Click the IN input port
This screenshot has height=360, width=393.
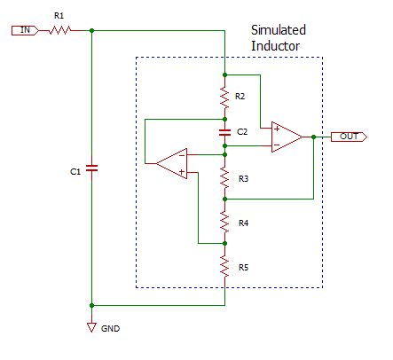pyautogui.click(x=25, y=30)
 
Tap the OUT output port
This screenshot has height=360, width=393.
pyautogui.click(x=349, y=137)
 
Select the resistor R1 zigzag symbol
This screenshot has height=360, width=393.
pyautogui.click(x=59, y=30)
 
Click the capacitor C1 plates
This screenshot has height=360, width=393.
pyautogui.click(x=91, y=168)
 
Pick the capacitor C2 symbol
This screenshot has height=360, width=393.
pyautogui.click(x=224, y=133)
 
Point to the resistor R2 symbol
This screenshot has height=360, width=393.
pyautogui.click(x=224, y=98)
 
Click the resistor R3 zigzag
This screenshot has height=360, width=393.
pyautogui.click(x=224, y=177)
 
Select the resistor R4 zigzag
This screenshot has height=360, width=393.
pyautogui.click(x=224, y=222)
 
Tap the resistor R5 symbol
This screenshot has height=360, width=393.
pyautogui.click(x=224, y=266)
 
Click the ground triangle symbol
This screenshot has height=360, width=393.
pyautogui.click(x=91, y=327)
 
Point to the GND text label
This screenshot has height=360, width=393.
pyautogui.click(x=110, y=329)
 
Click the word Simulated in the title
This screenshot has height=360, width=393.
pyautogui.click(x=279, y=30)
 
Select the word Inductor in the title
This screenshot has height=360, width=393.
pyautogui.click(x=275, y=46)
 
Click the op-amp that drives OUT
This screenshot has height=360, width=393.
pyautogui.click(x=287, y=137)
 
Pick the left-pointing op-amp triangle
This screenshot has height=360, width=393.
pyautogui.click(x=172, y=163)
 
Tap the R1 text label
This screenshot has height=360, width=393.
pyautogui.click(x=59, y=16)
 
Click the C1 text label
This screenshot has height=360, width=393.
pyautogui.click(x=75, y=172)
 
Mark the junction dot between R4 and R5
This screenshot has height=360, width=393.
pyautogui.click(x=224, y=243)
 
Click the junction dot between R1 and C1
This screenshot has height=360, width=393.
pyautogui.click(x=91, y=30)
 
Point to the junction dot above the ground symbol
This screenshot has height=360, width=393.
pyautogui.click(x=91, y=305)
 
